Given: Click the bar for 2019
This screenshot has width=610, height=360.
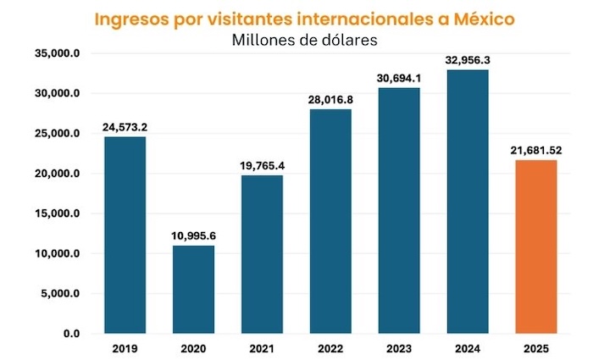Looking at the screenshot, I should point(125,235).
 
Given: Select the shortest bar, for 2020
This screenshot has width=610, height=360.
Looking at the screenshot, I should point(193,289).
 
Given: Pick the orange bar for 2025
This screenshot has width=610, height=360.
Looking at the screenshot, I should point(535,246).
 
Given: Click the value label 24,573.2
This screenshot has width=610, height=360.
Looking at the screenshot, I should point(125,127).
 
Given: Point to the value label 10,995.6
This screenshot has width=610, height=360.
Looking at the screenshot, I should point(193,235).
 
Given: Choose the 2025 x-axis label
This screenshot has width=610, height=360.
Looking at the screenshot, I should point(535,349).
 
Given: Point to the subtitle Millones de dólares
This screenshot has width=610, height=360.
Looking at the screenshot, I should point(304,40).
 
